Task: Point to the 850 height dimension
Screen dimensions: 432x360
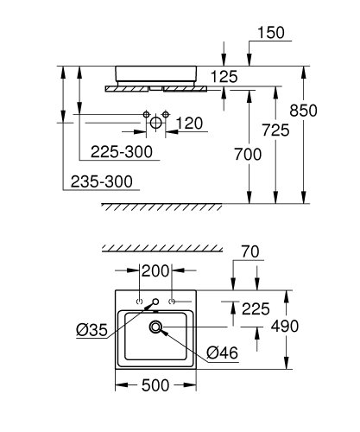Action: [x=329, y=110]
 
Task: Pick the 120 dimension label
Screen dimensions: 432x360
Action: [x=189, y=122]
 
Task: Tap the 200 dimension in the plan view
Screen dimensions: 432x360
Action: [x=155, y=271]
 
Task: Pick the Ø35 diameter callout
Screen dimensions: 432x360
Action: [x=91, y=328]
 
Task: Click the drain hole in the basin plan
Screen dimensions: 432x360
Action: [x=156, y=327]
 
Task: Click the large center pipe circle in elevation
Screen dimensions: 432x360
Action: [x=155, y=124]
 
